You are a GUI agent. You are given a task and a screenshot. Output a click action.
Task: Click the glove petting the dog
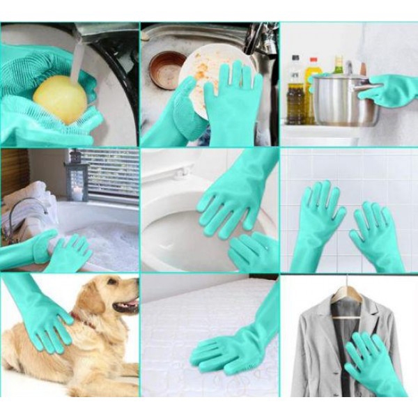(x=45, y=320)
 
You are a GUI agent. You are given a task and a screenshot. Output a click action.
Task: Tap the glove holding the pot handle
(x=390, y=90)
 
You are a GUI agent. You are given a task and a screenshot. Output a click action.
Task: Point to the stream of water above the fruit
(x=77, y=59)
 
